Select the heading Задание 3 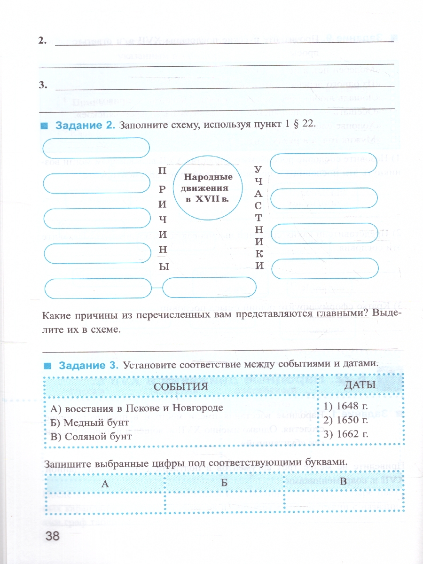[x=87, y=364]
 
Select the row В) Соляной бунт [x=91, y=436]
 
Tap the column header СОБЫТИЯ [x=181, y=387]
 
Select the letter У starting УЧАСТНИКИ [x=258, y=169]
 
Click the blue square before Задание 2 [x=45, y=126]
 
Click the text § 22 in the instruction [x=303, y=126]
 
